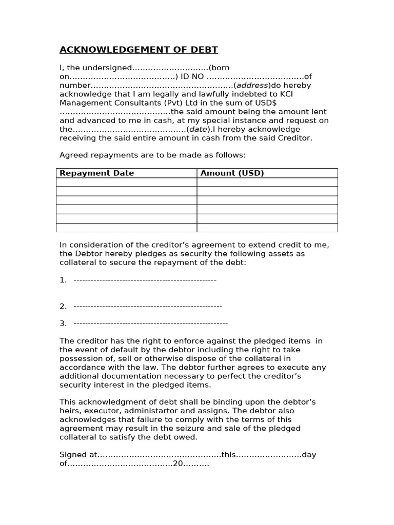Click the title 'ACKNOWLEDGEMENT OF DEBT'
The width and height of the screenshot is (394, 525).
click(139, 50)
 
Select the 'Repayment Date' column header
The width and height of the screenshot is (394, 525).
click(97, 173)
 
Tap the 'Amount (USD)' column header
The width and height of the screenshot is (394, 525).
click(232, 173)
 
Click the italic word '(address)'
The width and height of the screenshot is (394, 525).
click(252, 85)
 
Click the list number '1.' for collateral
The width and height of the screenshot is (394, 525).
click(63, 280)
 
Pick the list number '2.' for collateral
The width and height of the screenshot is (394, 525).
click(63, 306)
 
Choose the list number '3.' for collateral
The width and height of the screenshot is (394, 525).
click(63, 324)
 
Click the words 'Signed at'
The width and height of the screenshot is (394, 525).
click(77, 455)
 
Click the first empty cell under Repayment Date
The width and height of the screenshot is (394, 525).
click(126, 182)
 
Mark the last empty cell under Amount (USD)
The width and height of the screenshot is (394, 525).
click(267, 227)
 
